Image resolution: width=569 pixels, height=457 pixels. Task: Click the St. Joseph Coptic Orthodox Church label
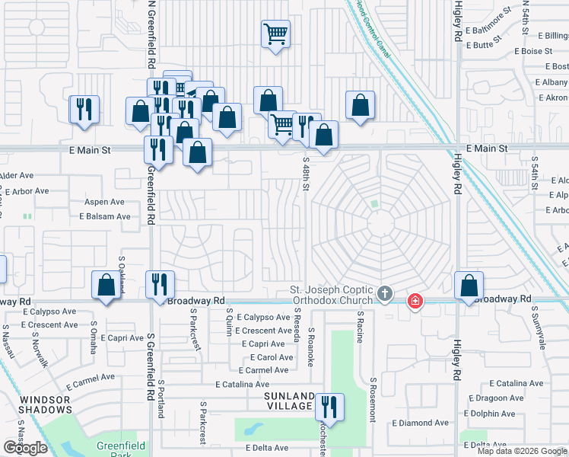(332, 296)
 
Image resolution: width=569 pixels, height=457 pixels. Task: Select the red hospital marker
(415, 301)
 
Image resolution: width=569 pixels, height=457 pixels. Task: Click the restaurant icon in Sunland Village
(329, 406)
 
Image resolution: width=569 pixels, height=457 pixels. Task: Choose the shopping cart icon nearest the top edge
(276, 34)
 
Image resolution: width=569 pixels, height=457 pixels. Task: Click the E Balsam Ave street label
(105, 216)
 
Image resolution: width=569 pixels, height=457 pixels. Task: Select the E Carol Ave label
(271, 357)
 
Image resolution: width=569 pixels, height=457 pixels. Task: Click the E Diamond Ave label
(420, 423)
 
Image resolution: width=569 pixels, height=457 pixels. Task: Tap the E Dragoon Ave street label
(497, 398)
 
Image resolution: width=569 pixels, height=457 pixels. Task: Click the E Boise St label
(533, 51)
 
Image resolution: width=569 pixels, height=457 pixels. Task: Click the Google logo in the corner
(25, 448)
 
